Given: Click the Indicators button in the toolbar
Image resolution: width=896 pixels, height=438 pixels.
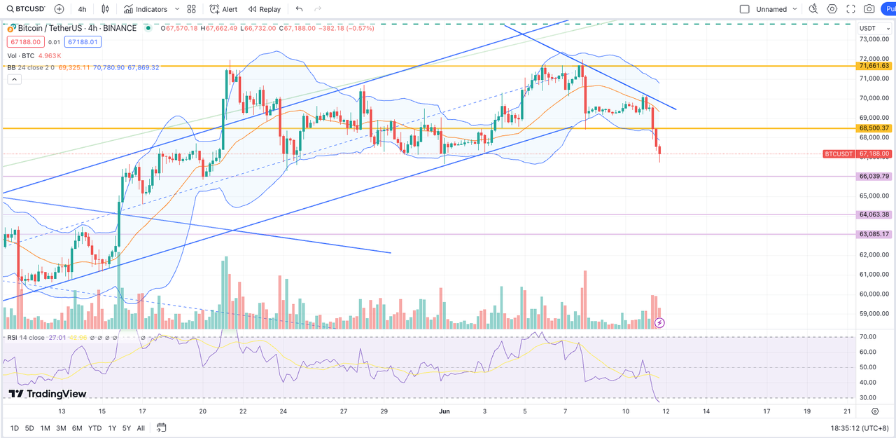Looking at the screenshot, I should (146, 9).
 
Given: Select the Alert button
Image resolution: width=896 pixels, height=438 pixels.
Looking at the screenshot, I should (225, 9).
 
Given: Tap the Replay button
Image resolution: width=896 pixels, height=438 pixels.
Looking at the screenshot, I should (265, 9).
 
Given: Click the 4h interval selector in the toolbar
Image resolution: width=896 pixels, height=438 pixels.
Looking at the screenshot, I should (83, 9).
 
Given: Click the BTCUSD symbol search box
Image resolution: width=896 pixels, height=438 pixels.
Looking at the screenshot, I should (26, 9).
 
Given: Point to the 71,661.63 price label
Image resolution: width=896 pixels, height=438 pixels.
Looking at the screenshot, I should (874, 66).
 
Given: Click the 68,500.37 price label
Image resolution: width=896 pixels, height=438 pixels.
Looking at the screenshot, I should (874, 128).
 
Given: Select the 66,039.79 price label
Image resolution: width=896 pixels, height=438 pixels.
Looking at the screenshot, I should (874, 177).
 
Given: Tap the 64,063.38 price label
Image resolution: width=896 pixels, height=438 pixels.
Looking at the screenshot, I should (874, 214).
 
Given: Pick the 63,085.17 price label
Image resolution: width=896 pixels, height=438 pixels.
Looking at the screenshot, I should (874, 234).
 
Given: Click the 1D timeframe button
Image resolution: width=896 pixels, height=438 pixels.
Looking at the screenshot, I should (14, 428).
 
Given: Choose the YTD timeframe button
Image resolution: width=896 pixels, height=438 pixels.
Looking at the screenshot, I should (94, 428).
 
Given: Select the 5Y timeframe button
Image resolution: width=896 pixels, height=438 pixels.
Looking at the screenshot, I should (126, 428).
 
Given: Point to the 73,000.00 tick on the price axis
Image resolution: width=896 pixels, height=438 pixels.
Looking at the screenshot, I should (873, 39).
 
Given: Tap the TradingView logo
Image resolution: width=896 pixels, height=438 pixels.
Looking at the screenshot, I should (47, 394).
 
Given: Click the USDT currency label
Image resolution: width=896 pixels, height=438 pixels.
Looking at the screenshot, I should (867, 28).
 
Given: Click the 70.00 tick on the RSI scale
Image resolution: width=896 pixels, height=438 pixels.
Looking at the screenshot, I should (867, 338).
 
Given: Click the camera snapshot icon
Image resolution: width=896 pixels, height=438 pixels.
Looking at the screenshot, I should (869, 9).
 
